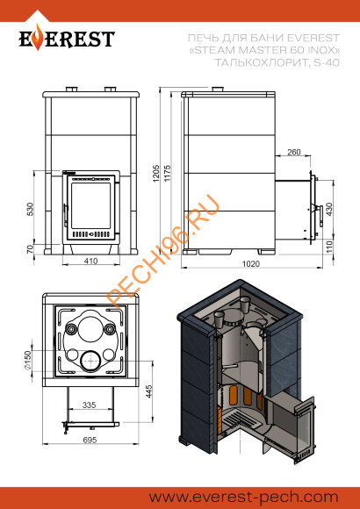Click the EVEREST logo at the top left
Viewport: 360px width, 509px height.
pos(68,39)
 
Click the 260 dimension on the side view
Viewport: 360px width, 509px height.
pos(293,153)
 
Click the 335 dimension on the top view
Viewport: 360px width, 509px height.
pos(89,406)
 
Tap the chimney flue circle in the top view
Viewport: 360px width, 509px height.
pos(90,360)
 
